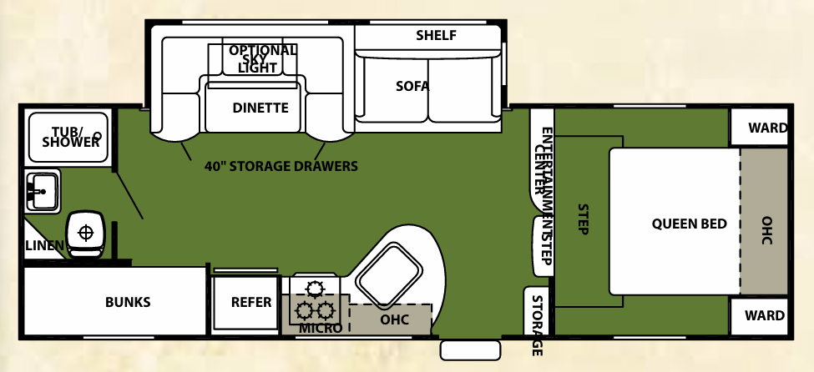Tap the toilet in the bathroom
point(85,232)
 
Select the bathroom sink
point(41,191)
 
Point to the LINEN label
point(43,245)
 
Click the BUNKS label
point(128,302)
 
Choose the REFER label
point(251,301)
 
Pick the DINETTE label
point(260,108)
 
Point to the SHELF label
point(436,35)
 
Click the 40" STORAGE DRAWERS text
point(281,166)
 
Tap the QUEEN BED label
point(690,224)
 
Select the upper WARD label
point(767,128)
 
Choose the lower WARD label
point(767,315)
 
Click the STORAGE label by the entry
point(537,325)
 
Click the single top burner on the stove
point(314,289)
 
